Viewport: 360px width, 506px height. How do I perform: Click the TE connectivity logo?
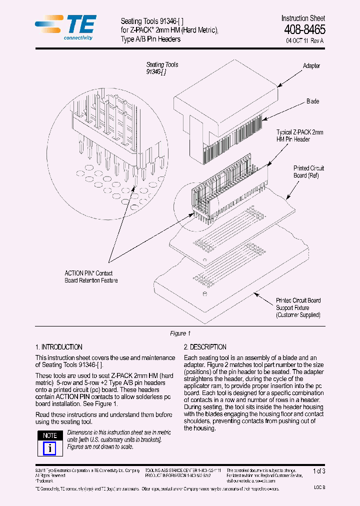coord(65,27)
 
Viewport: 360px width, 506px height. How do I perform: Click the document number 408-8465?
coord(304,29)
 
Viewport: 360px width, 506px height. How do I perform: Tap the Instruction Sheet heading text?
coord(303,18)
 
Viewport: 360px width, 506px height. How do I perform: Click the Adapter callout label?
coord(311,66)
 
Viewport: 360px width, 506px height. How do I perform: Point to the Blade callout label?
coord(312,101)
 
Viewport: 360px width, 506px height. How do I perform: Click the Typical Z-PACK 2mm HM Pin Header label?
coord(300,136)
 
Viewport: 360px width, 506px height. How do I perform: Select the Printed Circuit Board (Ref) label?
coord(309,172)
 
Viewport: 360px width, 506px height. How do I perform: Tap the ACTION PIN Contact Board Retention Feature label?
coord(91,277)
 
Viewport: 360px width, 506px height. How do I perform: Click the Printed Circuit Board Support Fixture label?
coord(298,307)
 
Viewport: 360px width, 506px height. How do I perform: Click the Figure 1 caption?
coord(180,333)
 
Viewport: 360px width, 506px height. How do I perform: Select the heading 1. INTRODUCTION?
coord(59,347)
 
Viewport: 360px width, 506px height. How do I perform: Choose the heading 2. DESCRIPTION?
coord(205,347)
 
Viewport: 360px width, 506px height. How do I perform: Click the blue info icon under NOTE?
coord(50,447)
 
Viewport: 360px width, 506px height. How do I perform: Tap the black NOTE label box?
coord(50,435)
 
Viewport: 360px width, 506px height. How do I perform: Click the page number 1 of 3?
coord(318,471)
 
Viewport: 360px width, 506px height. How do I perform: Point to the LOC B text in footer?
coord(319,487)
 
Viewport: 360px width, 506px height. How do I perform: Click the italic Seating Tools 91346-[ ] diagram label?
coord(162,68)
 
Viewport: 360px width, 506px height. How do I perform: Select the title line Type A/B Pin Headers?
coord(150,39)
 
